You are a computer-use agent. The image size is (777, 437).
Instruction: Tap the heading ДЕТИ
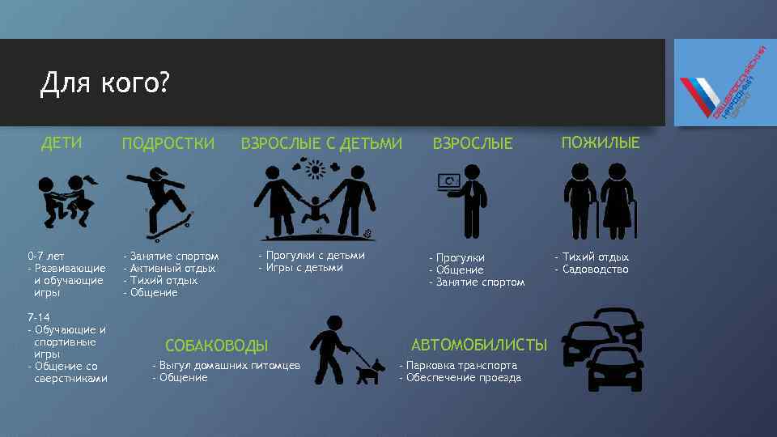coord(62,143)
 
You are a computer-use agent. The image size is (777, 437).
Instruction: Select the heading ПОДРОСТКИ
coord(168,144)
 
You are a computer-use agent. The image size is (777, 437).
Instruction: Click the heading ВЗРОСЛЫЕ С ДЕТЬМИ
coord(321,144)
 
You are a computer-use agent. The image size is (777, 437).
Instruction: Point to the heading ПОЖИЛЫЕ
coord(601,143)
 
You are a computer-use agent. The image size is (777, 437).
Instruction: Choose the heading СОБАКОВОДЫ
coord(216,346)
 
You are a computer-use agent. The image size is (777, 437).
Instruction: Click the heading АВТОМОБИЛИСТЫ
coord(480,345)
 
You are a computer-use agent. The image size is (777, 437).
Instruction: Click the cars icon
coord(604,348)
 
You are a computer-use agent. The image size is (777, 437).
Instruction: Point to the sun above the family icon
coord(314,169)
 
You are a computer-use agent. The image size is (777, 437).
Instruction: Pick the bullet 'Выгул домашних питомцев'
coord(229,366)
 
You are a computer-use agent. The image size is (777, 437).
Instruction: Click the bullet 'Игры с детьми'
coord(304,268)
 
